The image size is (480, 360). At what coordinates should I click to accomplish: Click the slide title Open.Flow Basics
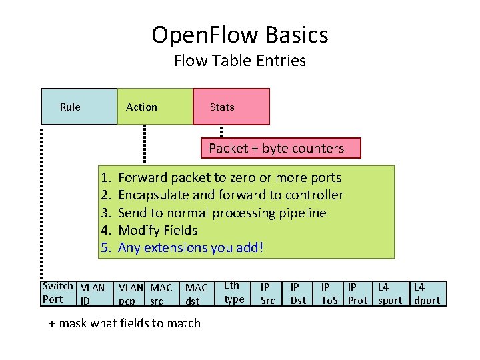240,34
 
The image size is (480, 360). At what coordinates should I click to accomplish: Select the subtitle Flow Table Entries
240,61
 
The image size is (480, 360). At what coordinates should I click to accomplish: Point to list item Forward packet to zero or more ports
229,178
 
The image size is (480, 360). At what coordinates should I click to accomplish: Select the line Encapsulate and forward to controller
230,195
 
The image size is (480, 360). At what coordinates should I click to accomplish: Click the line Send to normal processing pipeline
222,213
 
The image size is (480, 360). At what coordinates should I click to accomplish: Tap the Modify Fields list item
157,230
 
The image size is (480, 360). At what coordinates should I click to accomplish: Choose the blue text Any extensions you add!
191,247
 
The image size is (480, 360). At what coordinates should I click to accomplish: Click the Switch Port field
58,293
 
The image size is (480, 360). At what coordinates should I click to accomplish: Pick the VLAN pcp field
130,294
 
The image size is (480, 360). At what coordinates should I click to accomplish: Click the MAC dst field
196,294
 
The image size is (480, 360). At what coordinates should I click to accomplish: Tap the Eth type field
234,293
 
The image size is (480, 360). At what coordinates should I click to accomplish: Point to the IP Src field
267,294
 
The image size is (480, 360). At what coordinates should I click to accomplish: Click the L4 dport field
427,294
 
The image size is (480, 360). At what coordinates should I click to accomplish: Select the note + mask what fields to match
125,323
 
